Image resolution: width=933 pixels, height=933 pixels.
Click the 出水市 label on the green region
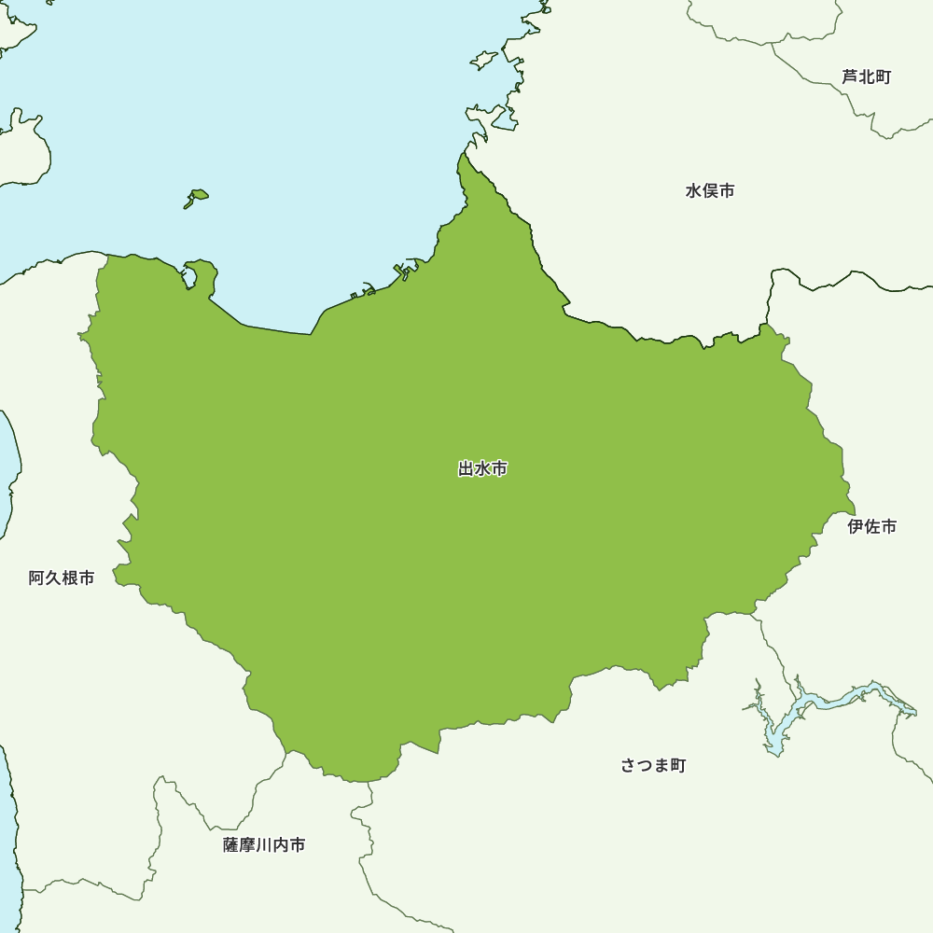[482, 469]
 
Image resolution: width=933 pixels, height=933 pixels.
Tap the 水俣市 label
[710, 191]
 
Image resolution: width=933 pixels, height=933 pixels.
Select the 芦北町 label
[866, 77]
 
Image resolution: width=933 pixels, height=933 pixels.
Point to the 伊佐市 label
[871, 527]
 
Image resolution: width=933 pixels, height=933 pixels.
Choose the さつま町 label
[653, 766]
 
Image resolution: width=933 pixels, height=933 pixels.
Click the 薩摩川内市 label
[264, 845]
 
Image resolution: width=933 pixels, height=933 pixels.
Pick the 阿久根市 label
[62, 578]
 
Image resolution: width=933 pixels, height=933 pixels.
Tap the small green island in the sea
[196, 197]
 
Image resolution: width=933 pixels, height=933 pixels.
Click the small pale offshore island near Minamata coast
[484, 61]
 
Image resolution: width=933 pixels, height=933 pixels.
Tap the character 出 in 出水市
[466, 469]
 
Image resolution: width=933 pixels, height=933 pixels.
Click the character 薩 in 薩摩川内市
[231, 845]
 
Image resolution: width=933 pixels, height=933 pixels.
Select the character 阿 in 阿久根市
[36, 578]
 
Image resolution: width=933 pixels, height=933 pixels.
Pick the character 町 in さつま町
[678, 766]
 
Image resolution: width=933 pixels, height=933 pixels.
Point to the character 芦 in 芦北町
[850, 77]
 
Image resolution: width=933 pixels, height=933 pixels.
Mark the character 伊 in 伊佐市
[856, 527]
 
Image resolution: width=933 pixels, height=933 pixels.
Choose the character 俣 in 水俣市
[710, 191]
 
